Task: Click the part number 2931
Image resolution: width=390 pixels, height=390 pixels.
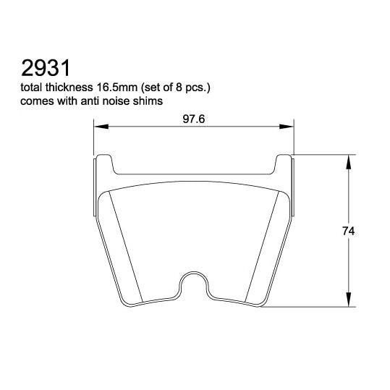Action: [45, 69]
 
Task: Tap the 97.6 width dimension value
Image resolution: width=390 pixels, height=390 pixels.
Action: [193, 119]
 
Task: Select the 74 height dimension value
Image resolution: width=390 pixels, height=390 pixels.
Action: [348, 232]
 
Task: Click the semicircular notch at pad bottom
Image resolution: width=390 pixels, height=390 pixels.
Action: [194, 284]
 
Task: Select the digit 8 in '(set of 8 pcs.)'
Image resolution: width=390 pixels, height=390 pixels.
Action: [187, 88]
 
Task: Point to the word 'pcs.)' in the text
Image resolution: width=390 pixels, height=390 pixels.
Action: [205, 88]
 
